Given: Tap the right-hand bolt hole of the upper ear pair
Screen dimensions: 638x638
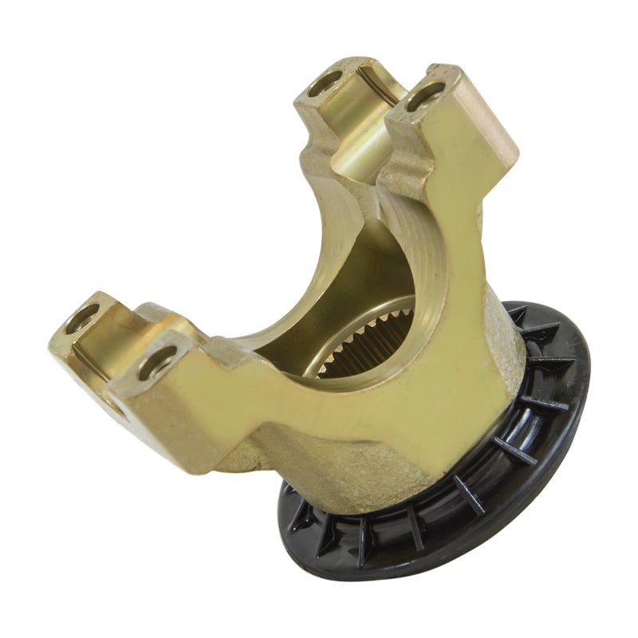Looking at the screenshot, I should [424, 96].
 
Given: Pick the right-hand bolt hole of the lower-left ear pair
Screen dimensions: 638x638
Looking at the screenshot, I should [157, 364].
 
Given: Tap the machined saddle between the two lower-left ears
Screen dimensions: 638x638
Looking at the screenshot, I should [120, 335].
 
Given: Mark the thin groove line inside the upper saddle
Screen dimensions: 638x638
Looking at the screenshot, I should [381, 86].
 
